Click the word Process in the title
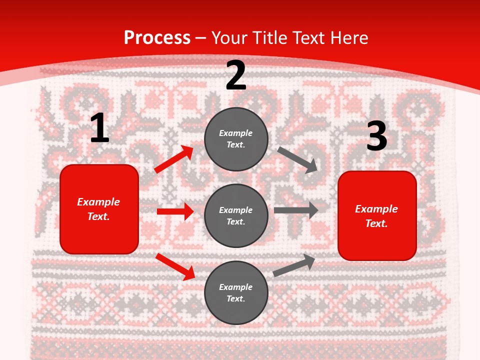[x=157, y=38]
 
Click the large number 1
[x=99, y=128]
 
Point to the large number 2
[x=236, y=75]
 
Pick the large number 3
[x=376, y=136]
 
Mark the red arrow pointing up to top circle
[x=174, y=159]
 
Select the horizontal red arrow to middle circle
[x=175, y=211]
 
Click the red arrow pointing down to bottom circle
[x=175, y=266]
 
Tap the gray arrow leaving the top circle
[x=298, y=159]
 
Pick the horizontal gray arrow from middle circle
[x=296, y=210]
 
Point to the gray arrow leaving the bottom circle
[x=294, y=265]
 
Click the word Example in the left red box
[x=98, y=202]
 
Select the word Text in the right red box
[x=376, y=223]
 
